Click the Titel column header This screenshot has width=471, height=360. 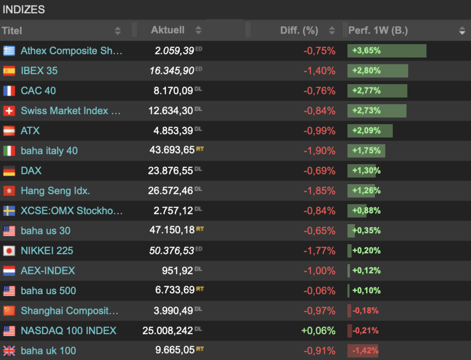click(x=12, y=31)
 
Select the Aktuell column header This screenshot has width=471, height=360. click(x=167, y=30)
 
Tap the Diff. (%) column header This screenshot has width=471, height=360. click(x=299, y=31)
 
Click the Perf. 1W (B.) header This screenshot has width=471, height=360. click(x=378, y=31)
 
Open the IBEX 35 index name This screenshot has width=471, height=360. click(x=39, y=71)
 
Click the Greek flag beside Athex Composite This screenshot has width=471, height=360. click(x=9, y=51)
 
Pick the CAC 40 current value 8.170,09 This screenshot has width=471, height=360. click(x=173, y=91)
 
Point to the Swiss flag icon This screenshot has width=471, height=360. click(x=9, y=111)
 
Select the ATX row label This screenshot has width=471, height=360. click(x=30, y=131)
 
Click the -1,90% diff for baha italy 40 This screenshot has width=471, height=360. click(x=319, y=151)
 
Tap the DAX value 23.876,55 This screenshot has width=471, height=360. click(x=170, y=171)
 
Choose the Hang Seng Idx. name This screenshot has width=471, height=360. click(x=55, y=191)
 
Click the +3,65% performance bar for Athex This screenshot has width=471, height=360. click(x=386, y=51)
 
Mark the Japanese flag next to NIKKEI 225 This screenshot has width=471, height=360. click(x=9, y=251)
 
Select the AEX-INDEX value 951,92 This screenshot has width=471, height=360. click(x=177, y=271)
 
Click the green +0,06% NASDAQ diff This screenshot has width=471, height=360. click(x=318, y=331)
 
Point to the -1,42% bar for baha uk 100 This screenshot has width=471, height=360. click(x=363, y=351)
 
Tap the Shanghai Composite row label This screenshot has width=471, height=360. click(x=69, y=311)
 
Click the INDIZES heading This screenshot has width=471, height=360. click(x=24, y=9)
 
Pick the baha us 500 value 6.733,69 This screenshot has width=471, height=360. click(x=174, y=291)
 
